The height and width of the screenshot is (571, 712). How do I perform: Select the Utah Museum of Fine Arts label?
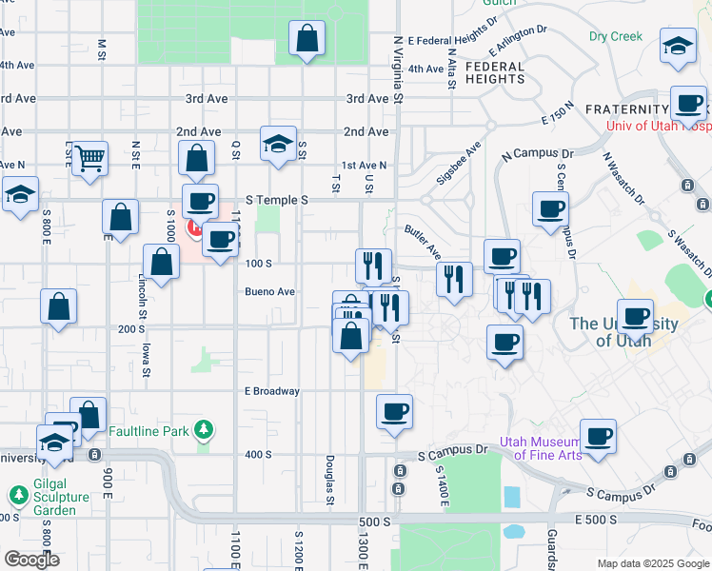tap(547, 448)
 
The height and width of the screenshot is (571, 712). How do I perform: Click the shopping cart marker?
tap(89, 158)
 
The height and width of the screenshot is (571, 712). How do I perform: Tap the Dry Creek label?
tap(616, 36)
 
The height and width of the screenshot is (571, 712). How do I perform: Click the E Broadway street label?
tap(272, 391)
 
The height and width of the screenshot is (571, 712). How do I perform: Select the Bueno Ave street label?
tap(269, 292)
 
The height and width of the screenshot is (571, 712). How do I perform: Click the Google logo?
tap(31, 560)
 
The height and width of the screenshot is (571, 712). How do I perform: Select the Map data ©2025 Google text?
tap(653, 563)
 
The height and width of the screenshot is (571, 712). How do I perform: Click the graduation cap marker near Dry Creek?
tap(678, 47)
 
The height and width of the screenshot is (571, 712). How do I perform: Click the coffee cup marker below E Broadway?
tap(394, 412)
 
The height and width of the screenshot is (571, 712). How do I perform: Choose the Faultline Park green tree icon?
tap(203, 431)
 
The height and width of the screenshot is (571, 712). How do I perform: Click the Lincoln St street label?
tap(142, 295)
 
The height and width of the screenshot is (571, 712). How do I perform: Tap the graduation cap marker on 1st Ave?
tap(278, 144)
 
